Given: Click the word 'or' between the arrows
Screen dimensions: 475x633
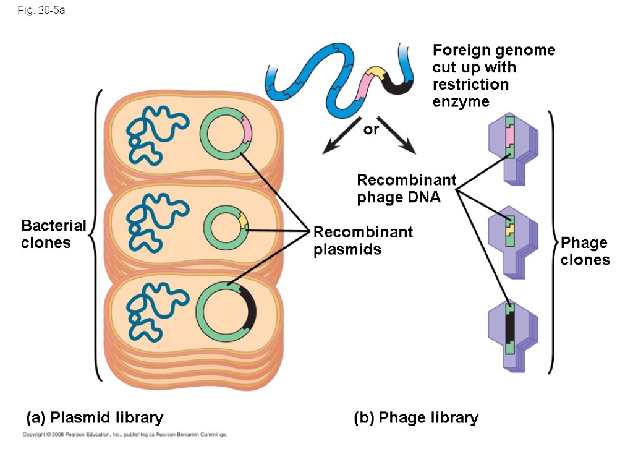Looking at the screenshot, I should (371, 130).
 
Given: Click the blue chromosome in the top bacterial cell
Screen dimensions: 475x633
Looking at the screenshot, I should (155, 133).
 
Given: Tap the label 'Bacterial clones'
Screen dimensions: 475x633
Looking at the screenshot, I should (54, 234).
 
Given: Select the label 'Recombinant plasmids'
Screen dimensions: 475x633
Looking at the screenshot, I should (363, 241).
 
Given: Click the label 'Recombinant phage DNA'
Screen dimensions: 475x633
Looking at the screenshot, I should (406, 189).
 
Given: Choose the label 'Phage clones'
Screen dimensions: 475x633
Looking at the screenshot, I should (585, 251).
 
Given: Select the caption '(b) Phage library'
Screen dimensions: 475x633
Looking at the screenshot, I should (416, 418).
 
